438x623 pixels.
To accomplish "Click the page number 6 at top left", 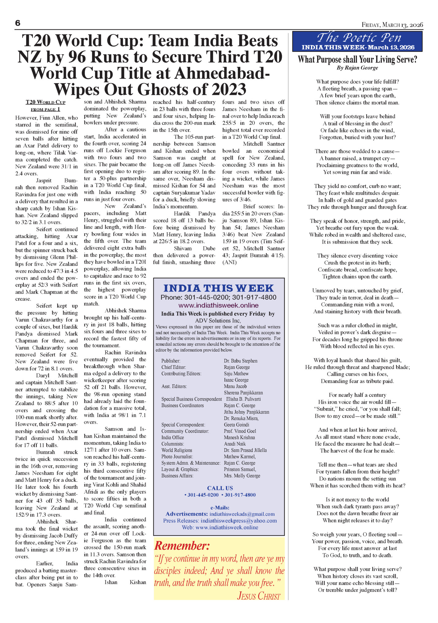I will (18, 23).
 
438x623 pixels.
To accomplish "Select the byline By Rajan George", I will (357, 68).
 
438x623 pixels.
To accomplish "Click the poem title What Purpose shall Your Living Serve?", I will (357, 59).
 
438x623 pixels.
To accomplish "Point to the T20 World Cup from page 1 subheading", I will (45, 105).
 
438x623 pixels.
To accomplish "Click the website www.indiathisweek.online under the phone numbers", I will (218, 305).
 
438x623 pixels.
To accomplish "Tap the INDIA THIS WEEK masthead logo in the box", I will (218, 288).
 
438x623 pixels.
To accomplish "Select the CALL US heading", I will (220, 488).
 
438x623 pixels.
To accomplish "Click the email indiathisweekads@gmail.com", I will (242, 514).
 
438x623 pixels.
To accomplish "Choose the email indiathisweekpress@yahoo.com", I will (239, 521).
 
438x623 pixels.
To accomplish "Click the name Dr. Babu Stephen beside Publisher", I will (240, 361).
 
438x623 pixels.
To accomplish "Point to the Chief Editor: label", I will (174, 367).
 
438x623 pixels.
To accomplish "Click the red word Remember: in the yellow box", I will (182, 546).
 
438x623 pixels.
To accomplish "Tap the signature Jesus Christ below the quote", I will (259, 596).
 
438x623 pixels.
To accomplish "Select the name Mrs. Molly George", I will (242, 476).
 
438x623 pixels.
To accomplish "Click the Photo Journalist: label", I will (177, 456).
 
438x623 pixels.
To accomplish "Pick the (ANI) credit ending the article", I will (229, 262).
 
